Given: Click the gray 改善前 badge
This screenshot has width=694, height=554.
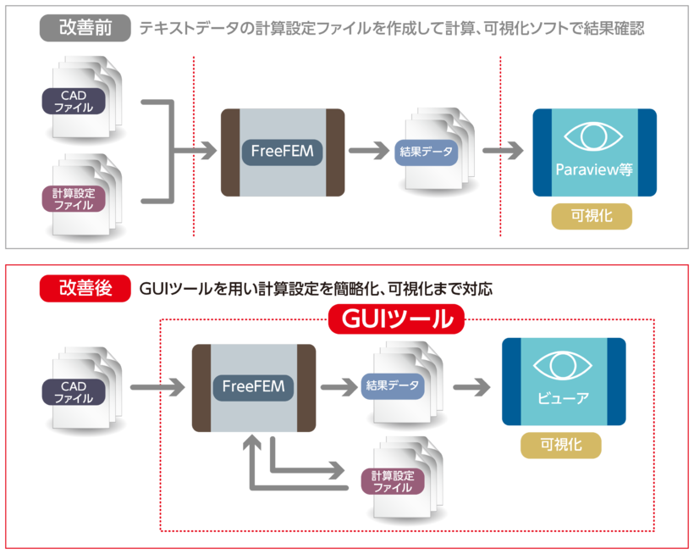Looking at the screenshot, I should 85,28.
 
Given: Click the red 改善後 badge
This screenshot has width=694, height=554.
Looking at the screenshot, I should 85,288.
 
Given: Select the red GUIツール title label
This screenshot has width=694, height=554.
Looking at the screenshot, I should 396,319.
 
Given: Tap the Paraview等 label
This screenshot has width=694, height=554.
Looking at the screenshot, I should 594,169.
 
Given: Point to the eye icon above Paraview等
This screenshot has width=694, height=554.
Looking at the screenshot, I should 593,136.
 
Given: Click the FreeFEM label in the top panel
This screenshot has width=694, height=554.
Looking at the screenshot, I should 282,152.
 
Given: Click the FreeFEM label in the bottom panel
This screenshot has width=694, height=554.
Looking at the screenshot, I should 253,388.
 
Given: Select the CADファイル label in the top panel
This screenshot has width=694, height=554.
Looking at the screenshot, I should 73,102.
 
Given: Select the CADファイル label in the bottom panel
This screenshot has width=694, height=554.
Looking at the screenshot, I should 73,391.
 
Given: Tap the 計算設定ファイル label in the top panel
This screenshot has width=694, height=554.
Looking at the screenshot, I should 73,199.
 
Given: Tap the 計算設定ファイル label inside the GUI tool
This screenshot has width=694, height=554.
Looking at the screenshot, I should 392,480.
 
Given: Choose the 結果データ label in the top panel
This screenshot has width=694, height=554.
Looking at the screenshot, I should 426,152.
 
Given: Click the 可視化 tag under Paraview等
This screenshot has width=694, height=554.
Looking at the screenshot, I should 592,215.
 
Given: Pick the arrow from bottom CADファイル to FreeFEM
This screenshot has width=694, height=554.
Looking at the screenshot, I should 157,389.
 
